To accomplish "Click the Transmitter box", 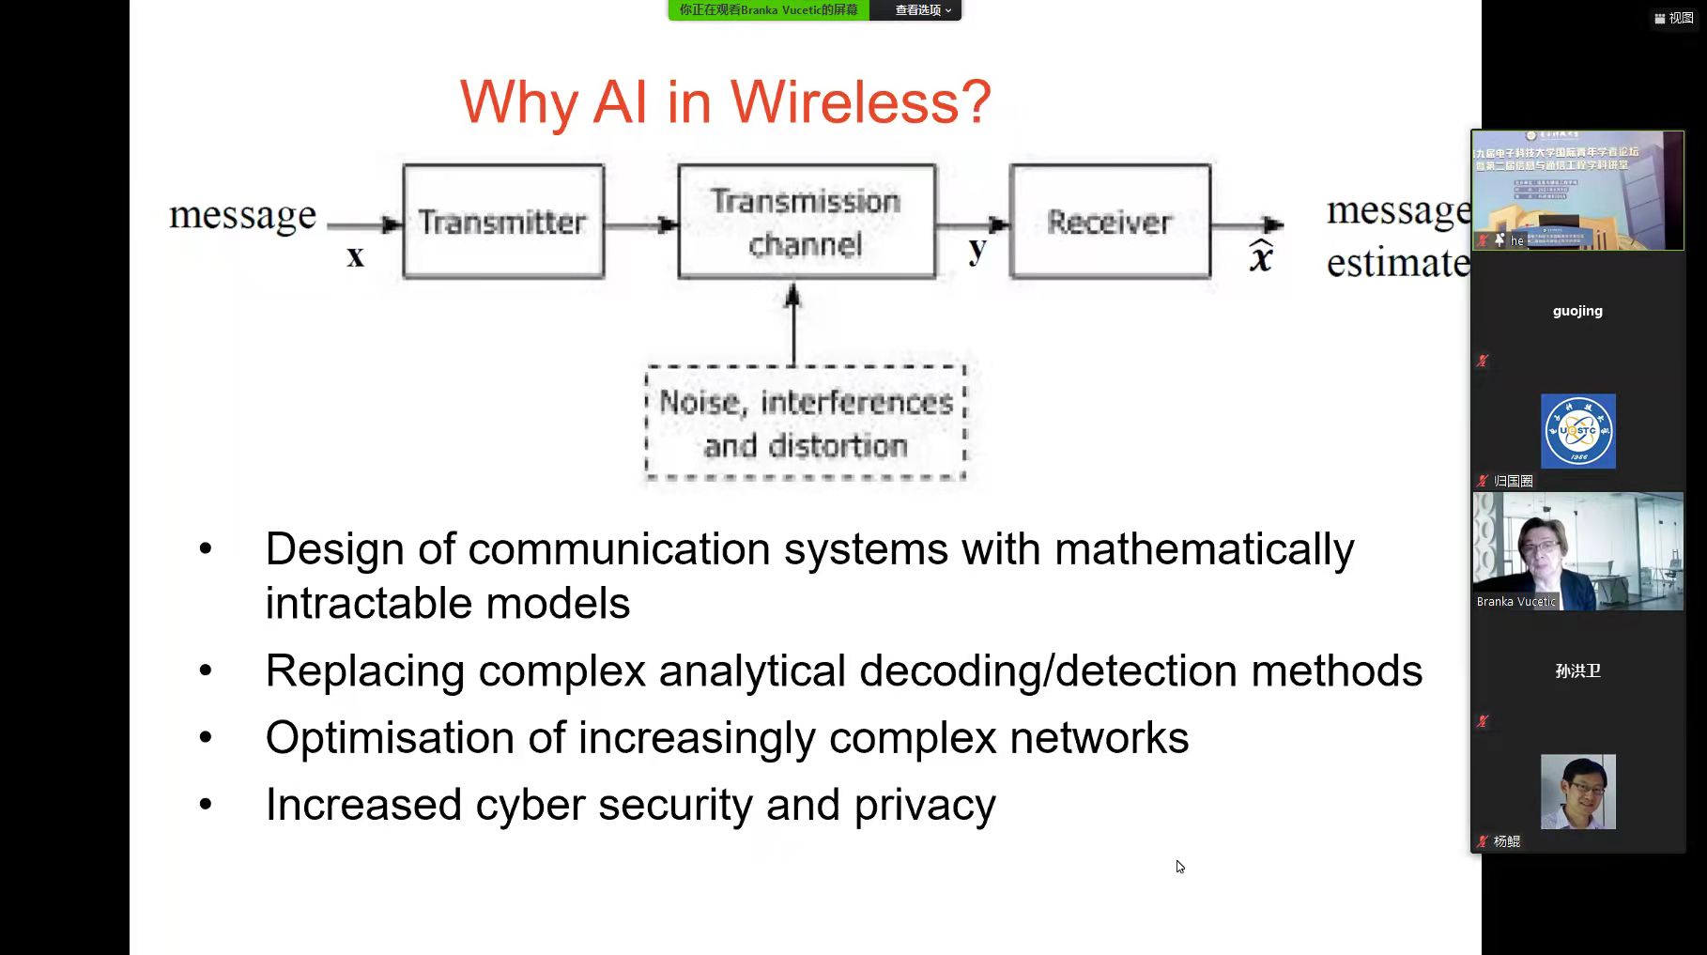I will [x=503, y=222].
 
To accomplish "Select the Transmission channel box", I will [x=806, y=222].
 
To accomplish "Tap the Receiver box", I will [x=1110, y=222].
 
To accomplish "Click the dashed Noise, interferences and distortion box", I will [x=806, y=424].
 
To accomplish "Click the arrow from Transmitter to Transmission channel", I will [x=640, y=224].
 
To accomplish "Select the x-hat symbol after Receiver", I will [x=1261, y=255].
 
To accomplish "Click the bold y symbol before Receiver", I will [x=977, y=250].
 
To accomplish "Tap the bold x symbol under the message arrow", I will [x=355, y=256].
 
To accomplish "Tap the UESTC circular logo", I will [x=1577, y=431].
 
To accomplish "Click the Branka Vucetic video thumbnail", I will [x=1577, y=551].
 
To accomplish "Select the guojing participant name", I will [x=1577, y=311].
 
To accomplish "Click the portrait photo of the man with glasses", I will [x=1577, y=792].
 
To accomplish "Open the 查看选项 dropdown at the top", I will [x=922, y=10].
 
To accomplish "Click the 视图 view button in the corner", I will [x=1673, y=18].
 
